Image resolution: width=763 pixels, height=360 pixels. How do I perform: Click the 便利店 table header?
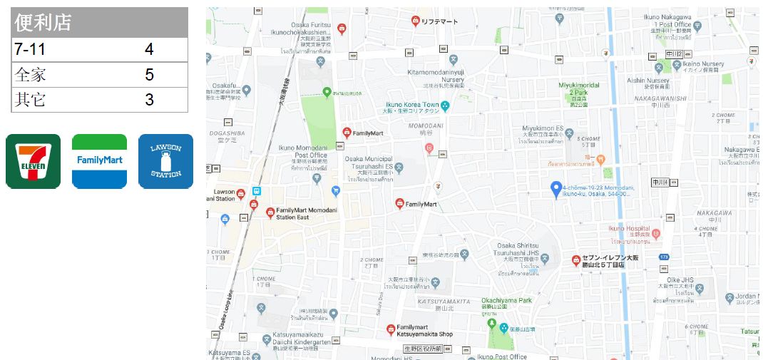(43, 23)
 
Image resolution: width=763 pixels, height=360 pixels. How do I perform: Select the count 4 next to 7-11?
(149, 49)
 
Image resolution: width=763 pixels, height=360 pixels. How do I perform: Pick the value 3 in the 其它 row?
(149, 100)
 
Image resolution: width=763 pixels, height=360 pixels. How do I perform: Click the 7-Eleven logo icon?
(33, 162)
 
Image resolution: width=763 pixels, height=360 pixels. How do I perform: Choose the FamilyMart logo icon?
(100, 162)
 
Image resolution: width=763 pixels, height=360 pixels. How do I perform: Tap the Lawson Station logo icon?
(165, 162)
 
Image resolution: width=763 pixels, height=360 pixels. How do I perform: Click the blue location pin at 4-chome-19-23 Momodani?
(557, 189)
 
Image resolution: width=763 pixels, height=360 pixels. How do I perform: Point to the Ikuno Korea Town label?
(412, 105)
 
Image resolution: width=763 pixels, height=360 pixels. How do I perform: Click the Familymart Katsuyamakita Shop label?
(424, 330)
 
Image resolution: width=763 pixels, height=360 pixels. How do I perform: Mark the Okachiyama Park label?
(506, 301)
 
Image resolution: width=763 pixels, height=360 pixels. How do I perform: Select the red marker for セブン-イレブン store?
(575, 260)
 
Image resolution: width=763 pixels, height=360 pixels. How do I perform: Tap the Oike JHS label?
(680, 279)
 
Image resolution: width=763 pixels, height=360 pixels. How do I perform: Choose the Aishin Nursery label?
(647, 81)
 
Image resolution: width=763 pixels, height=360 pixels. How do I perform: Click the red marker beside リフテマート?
(415, 21)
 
